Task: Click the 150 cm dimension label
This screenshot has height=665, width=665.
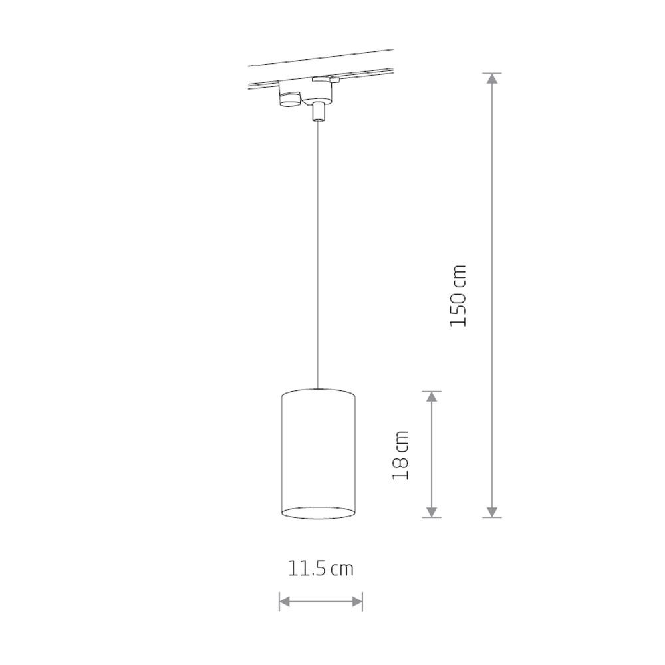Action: point(458,296)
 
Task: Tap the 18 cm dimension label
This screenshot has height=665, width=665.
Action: point(401,455)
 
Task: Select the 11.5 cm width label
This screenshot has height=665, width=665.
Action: point(321,569)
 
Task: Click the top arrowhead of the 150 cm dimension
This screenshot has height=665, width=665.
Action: point(492,79)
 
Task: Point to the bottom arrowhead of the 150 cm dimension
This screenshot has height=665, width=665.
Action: point(492,512)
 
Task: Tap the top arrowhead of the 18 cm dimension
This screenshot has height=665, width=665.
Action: point(432,397)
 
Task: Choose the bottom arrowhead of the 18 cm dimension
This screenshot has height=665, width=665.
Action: point(432,512)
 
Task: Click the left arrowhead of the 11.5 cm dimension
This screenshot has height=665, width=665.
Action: point(285,601)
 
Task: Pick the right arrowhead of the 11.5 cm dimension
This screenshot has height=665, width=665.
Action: point(357,601)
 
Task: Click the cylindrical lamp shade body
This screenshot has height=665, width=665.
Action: point(319,454)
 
